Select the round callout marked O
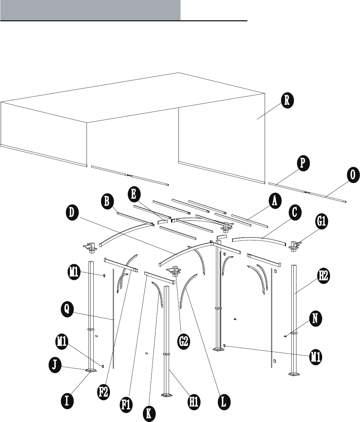353,175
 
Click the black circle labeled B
107,202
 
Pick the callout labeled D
73,213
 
